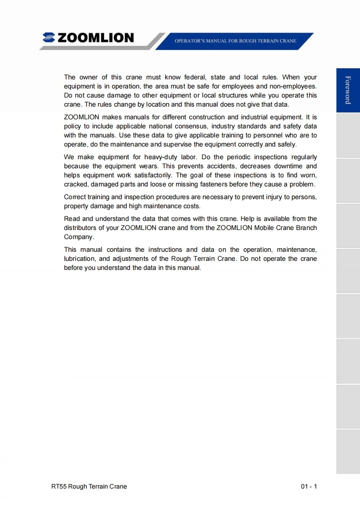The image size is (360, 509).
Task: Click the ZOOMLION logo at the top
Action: click(89, 38)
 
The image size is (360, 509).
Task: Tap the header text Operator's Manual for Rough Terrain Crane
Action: click(235, 41)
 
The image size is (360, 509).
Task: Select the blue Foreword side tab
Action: click(348, 90)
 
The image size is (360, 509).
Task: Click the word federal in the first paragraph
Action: click(195, 77)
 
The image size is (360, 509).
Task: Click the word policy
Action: click(72, 126)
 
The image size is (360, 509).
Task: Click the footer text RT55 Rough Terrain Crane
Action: click(89, 486)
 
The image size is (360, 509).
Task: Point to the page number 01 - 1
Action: click(309, 486)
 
